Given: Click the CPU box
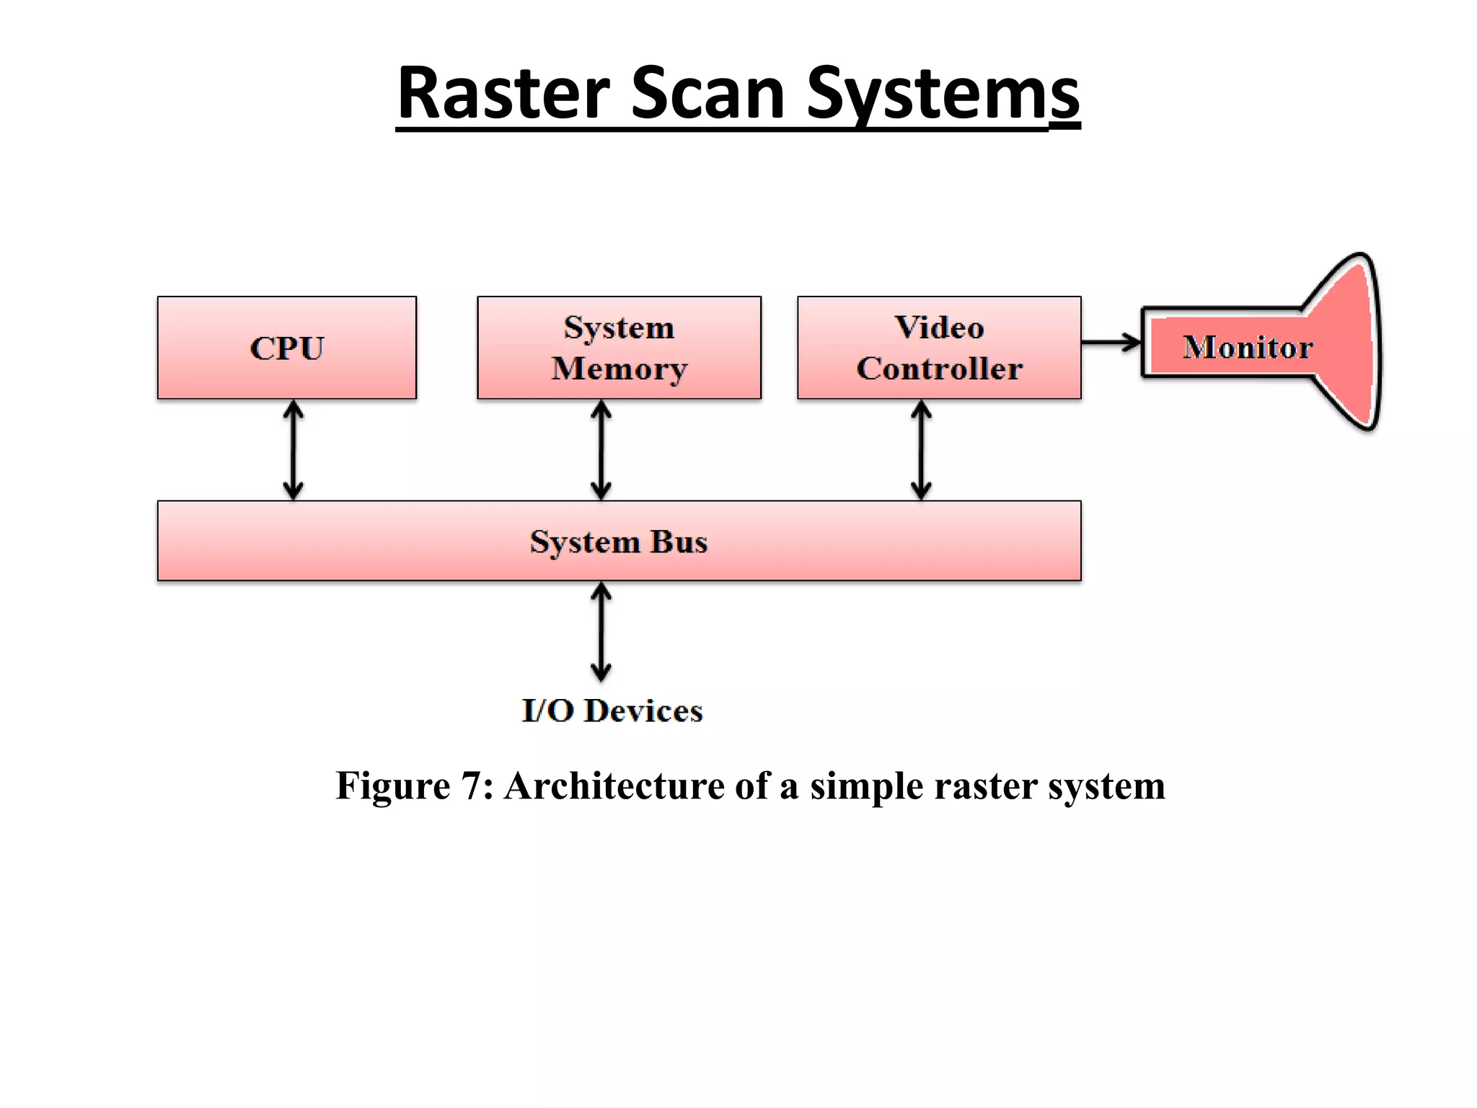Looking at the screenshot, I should click(x=286, y=348).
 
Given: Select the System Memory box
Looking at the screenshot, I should click(x=619, y=348).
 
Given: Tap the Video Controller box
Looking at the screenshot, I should click(x=939, y=348).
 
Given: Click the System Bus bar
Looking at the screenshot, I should click(x=619, y=541).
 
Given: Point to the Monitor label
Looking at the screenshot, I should click(x=1248, y=347).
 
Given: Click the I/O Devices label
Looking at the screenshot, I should click(x=612, y=711).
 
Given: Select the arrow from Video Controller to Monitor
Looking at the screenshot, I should click(x=1111, y=343).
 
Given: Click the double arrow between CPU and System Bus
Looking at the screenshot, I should click(x=293, y=449).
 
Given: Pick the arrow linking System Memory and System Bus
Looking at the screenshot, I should click(x=601, y=449).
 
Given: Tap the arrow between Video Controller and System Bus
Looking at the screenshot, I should click(x=921, y=449).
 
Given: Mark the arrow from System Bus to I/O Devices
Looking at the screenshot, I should click(x=601, y=632).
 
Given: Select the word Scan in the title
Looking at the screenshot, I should click(x=707, y=94).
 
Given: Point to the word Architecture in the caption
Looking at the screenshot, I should click(x=614, y=786).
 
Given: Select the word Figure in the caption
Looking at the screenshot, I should click(x=393, y=786).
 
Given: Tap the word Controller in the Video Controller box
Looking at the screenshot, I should click(x=939, y=369).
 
